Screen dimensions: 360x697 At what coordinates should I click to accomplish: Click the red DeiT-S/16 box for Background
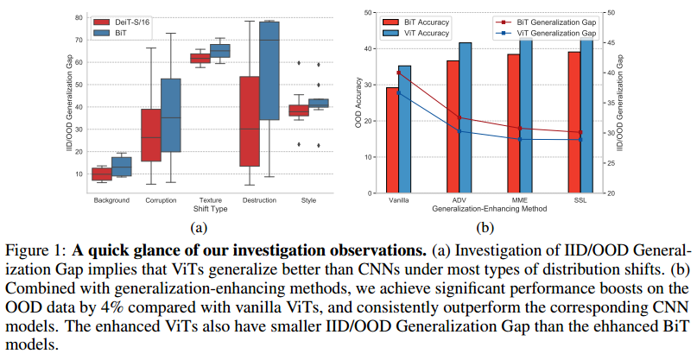[x=102, y=174]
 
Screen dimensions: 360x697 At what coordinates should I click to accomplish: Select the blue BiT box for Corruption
[x=171, y=115]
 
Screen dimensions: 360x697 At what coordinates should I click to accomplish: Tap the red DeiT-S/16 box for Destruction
[x=249, y=121]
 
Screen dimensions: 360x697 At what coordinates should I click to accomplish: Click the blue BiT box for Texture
[x=220, y=51]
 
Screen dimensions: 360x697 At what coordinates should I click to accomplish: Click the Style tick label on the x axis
[x=308, y=201]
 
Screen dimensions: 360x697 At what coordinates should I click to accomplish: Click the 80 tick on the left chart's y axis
[x=78, y=17]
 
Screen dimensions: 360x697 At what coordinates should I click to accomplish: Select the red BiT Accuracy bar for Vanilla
[x=392, y=140]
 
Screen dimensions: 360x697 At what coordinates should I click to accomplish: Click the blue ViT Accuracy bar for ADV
[x=466, y=117]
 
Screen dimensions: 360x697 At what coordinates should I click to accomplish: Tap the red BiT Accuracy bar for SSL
[x=573, y=123]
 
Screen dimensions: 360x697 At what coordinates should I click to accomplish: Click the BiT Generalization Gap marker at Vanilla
[x=398, y=73]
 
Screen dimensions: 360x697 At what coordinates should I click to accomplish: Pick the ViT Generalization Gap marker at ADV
[x=459, y=131]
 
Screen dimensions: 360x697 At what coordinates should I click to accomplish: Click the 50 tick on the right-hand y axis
[x=608, y=12]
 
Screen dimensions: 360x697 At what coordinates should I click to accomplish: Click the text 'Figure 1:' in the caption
[x=37, y=250]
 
